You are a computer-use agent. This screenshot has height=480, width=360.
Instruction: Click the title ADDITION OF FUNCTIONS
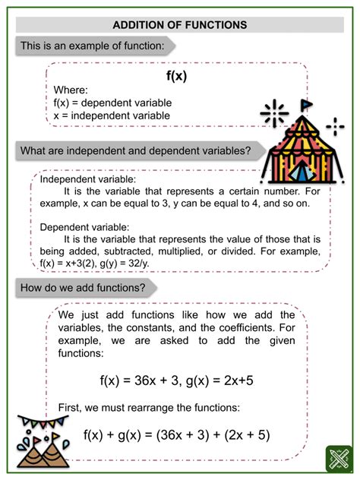(179, 24)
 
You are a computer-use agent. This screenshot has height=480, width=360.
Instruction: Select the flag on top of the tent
(306, 104)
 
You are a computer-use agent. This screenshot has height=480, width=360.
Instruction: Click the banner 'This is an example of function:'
(90, 46)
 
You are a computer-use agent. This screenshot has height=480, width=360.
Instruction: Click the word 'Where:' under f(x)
(71, 90)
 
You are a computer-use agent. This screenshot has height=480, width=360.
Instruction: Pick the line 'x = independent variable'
(112, 115)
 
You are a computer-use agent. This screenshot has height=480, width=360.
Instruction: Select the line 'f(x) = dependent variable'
(112, 103)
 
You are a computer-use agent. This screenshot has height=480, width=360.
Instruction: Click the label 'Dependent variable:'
(84, 226)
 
